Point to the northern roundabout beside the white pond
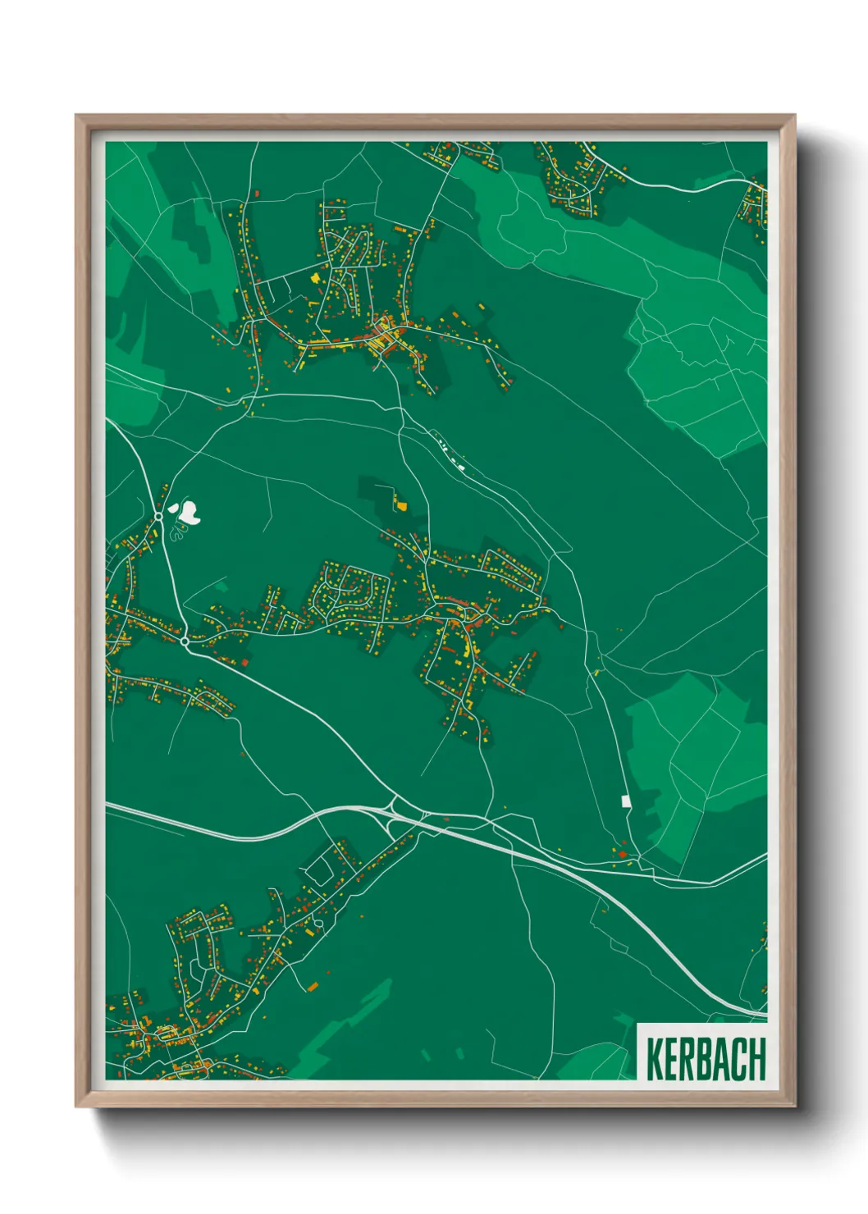click(158, 517)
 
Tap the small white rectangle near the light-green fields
click(626, 800)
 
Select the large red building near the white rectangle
click(622, 855)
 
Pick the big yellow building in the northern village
click(316, 278)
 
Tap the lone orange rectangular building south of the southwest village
click(312, 986)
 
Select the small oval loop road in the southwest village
click(318, 924)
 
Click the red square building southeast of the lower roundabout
click(244, 662)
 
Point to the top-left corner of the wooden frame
click(76, 116)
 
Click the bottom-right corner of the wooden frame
click(794, 1107)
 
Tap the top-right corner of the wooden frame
click(794, 116)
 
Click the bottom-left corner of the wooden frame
click(76, 1107)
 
